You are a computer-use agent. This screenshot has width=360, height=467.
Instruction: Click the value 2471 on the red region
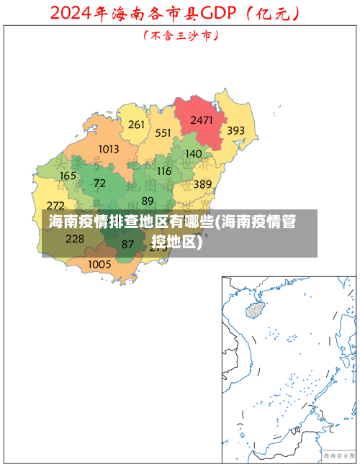coord(202,120)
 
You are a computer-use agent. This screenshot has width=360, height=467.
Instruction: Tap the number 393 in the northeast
coord(236,131)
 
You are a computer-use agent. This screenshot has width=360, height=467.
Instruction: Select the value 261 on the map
coord(136,124)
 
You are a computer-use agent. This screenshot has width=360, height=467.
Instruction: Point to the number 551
coord(163,133)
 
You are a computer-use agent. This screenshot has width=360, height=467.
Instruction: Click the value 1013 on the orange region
coord(109,149)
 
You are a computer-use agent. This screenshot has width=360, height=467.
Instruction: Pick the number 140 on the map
coord(194,153)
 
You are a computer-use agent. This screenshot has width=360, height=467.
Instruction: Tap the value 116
coord(164,171)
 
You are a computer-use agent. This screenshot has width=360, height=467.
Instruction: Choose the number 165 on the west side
coord(68,176)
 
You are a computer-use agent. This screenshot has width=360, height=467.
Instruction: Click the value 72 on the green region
coord(99,183)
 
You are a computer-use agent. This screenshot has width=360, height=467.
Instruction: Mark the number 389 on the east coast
coord(202,184)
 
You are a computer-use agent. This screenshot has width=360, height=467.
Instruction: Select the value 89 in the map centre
coord(148,201)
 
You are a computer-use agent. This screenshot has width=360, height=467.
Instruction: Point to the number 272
coord(55,206)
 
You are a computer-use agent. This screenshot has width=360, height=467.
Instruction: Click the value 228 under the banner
coord(75,239)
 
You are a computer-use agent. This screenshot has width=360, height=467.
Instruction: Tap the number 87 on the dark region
coord(127,245)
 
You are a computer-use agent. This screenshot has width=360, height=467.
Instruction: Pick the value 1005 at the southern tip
coord(99,264)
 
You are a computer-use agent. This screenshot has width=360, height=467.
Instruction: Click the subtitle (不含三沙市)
coord(180,35)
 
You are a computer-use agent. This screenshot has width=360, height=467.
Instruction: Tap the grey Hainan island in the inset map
coord(255,310)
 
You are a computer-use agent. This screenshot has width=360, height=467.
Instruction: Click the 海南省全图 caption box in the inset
coord(338,455)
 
